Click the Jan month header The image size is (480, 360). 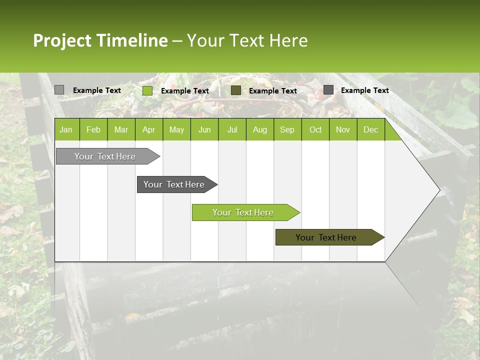tap(66, 129)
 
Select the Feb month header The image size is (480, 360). tap(93, 129)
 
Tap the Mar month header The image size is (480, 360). tap(121, 129)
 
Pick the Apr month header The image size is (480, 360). tap(148, 129)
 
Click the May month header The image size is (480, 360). tap(176, 129)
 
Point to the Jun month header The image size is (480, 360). tap(204, 129)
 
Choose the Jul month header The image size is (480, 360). tap(232, 129)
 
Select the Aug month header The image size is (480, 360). tap(259, 129)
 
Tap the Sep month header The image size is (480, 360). tap(287, 129)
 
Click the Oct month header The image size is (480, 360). tap(315, 129)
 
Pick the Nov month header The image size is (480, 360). tap(343, 129)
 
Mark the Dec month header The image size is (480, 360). tap(370, 129)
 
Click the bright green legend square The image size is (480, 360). tap(147, 90)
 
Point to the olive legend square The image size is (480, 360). tap(236, 90)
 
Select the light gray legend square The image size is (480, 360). tap(59, 90)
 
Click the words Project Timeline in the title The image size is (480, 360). tap(100, 40)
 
